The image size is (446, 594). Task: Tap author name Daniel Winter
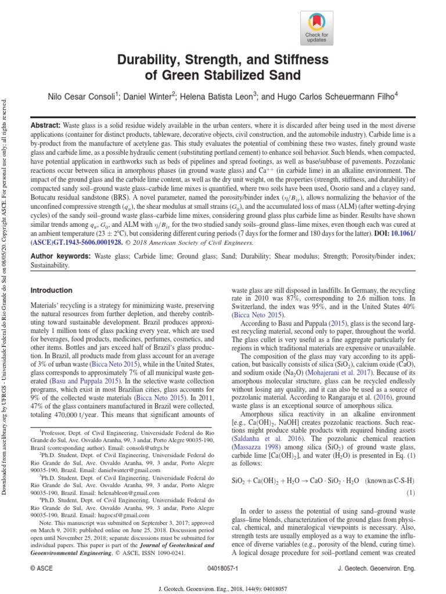coord(150,96)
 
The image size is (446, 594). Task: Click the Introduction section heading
coord(52,289)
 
